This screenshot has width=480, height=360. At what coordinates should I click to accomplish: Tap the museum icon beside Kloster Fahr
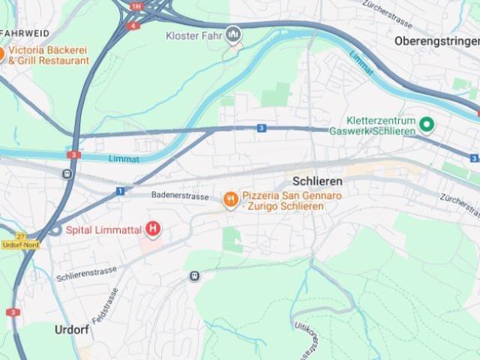[233, 34]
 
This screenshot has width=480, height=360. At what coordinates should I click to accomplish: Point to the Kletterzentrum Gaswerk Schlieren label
[381, 126]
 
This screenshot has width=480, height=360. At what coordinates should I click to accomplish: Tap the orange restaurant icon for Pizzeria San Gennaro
[229, 199]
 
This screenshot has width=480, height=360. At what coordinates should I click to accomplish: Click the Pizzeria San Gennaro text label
[282, 200]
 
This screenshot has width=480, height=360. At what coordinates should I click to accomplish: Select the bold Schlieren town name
[317, 181]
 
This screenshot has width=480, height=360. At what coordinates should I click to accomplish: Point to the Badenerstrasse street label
[179, 195]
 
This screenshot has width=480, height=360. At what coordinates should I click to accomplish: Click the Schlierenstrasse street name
[86, 273]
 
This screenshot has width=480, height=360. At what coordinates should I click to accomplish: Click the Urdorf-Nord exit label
[19, 244]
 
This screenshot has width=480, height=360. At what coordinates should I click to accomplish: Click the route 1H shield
[135, 6]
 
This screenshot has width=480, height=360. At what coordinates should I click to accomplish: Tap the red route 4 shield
[133, 25]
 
